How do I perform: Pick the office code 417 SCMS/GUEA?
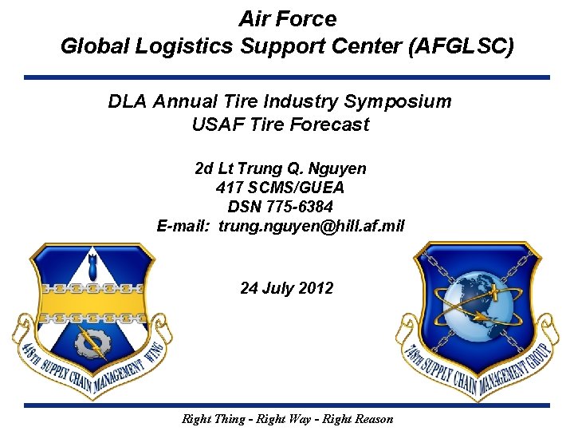pos(280,188)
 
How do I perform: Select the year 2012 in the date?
pos(316,288)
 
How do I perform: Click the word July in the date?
pos(278,288)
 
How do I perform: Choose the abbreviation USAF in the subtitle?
pos(214,125)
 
